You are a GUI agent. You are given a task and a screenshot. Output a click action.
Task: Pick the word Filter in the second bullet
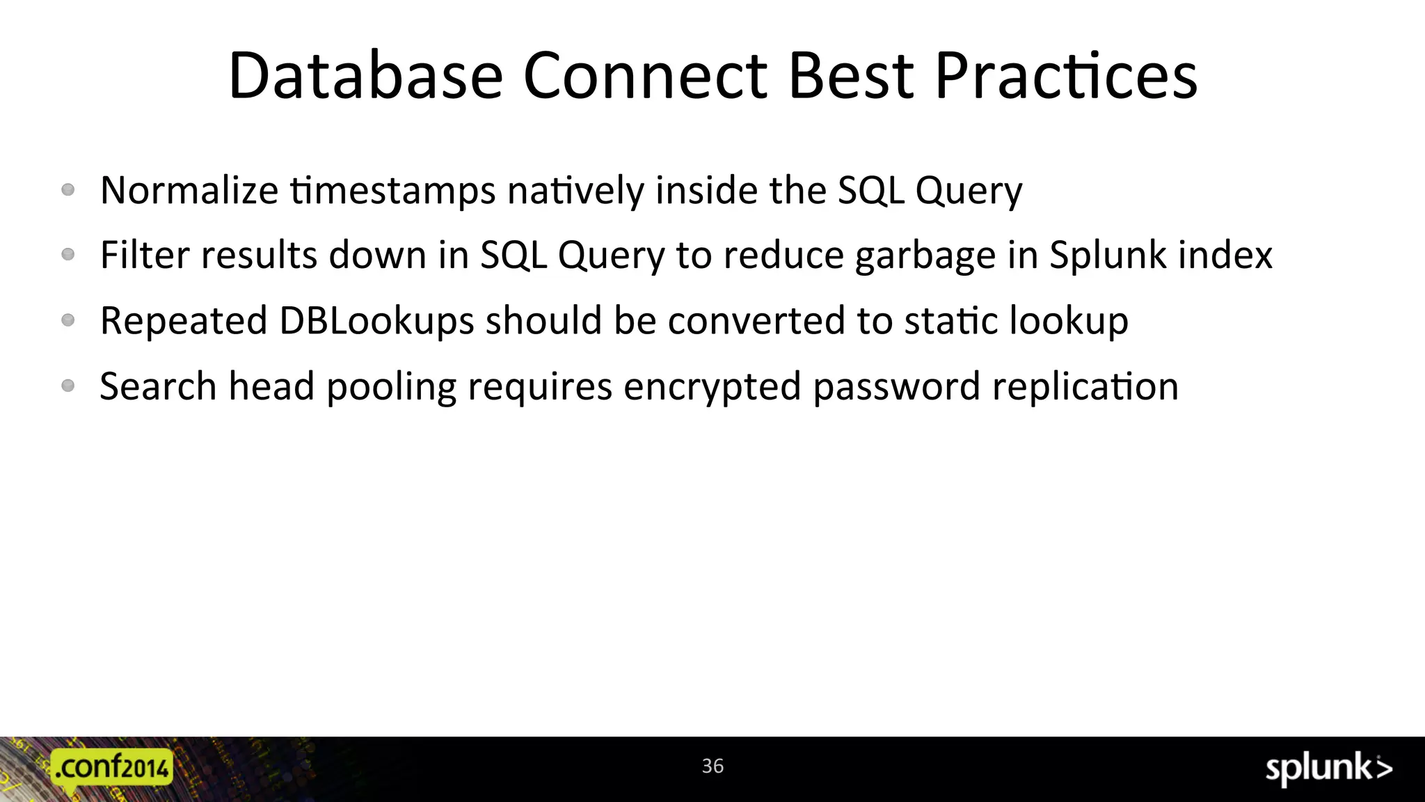145,255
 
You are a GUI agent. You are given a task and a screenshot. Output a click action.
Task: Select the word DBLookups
376,321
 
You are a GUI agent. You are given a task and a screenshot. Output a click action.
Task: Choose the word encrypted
712,388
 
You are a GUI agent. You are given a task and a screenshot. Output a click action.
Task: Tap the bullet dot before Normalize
68,189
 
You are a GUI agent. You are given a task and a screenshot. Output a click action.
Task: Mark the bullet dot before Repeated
68,320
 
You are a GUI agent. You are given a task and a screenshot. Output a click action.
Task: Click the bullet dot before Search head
68,386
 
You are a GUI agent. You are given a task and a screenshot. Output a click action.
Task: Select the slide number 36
712,766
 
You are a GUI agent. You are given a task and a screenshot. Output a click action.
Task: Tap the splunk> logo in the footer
1328,769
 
